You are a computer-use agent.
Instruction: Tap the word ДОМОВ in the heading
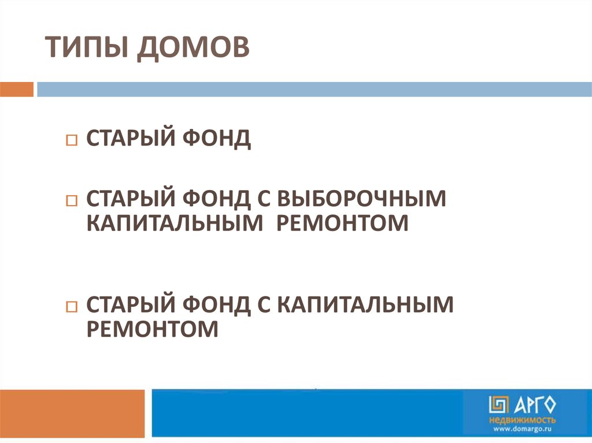click(194, 47)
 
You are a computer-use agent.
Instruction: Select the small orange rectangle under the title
click(17, 90)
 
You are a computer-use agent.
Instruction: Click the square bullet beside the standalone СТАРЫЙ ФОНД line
click(71, 141)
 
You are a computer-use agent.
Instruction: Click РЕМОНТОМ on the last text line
click(153, 329)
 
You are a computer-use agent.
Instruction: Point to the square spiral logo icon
click(499, 404)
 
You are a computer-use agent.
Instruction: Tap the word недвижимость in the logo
click(522, 419)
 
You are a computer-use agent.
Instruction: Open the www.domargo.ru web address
click(523, 429)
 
